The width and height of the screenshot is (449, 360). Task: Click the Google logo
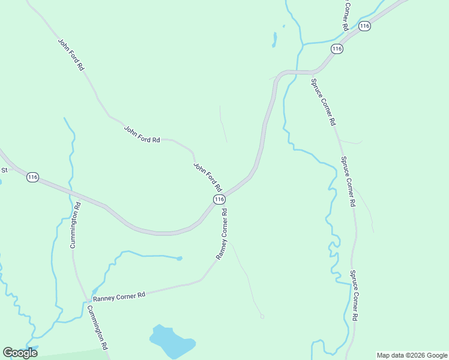pos(20,353)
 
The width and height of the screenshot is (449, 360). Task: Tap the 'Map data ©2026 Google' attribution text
pos(412,355)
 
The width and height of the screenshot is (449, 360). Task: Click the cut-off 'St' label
pos(4,170)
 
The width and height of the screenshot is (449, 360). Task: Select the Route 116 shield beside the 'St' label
pos(32,177)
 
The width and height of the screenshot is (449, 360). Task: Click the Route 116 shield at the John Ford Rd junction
pos(219,199)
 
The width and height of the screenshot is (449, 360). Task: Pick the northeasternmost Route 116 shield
pos(364,26)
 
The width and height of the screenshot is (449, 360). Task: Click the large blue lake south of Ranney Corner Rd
pos(171,341)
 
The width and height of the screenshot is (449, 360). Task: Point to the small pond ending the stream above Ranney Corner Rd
pos(179,259)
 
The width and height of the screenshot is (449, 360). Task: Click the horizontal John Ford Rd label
pos(142,134)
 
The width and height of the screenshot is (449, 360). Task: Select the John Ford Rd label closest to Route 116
pos(208,176)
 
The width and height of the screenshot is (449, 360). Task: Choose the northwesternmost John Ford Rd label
pos(71,55)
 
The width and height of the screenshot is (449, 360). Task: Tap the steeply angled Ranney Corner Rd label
pos(221,234)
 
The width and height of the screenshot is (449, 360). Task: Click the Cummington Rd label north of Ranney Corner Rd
pos(75,225)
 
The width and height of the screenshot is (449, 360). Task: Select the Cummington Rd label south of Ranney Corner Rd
pos(97,328)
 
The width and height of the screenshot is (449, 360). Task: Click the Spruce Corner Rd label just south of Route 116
pos(323,101)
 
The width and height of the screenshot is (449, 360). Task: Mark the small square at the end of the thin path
pos(262,316)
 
